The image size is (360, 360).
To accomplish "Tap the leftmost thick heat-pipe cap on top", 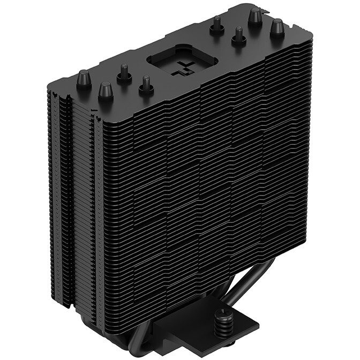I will [x=84, y=80].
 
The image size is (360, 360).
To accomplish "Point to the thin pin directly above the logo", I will [x=216, y=24].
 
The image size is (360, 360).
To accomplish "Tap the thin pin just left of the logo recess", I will [x=145, y=84].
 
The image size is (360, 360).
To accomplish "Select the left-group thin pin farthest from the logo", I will [x=124, y=73].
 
